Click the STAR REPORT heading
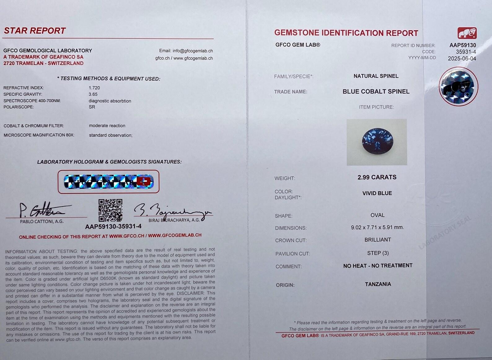35,31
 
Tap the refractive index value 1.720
94,88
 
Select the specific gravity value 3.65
93,94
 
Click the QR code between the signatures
110,210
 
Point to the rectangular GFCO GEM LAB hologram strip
108,181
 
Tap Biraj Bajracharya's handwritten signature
172,211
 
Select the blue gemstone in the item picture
377,141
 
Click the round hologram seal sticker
458,86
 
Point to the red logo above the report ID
467,33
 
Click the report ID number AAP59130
463,45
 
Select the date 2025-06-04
462,59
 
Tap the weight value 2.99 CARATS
377,177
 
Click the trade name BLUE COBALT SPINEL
376,92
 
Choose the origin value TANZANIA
378,284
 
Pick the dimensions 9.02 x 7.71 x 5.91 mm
377,228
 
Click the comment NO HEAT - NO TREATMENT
378,266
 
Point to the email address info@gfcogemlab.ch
193,51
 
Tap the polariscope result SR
92,107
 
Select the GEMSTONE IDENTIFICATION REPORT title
346,33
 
